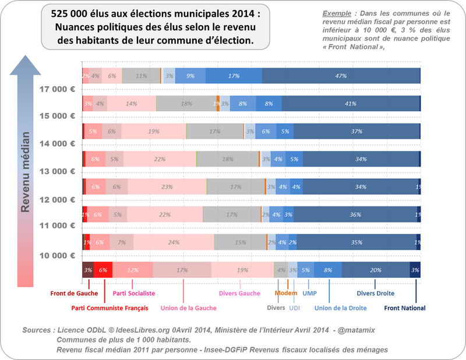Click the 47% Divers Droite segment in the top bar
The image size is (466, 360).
tap(341, 76)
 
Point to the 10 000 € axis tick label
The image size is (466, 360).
tap(57, 256)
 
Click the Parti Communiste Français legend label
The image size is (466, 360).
tap(110, 308)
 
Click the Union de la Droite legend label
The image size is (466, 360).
tap(340, 308)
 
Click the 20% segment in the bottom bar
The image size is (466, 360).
tap(375, 270)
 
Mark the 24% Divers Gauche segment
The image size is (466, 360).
tap(174, 242)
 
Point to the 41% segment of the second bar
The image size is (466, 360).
tap(350, 104)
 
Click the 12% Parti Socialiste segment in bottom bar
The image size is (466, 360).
tap(132, 270)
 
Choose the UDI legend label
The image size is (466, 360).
tap(295, 308)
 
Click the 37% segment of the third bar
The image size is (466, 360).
tap(356, 132)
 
